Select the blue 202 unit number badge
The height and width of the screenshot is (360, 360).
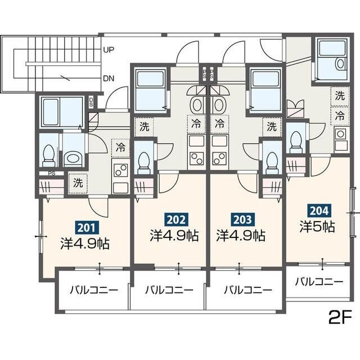coord(173,219)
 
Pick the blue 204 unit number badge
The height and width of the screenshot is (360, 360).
coord(317,211)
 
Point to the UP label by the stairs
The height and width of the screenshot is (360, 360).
coord(109,50)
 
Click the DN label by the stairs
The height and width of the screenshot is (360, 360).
coord(109,78)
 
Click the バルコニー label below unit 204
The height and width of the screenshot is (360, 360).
coord(319,281)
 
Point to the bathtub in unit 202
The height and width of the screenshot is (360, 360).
coord(150,90)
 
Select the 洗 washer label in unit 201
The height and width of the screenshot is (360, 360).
coord(78,183)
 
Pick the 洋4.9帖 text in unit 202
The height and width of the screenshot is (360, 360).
coord(173,235)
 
